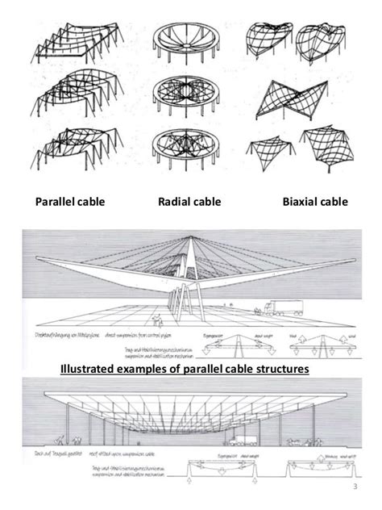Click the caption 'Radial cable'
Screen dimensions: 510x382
pyautogui.click(x=190, y=201)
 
